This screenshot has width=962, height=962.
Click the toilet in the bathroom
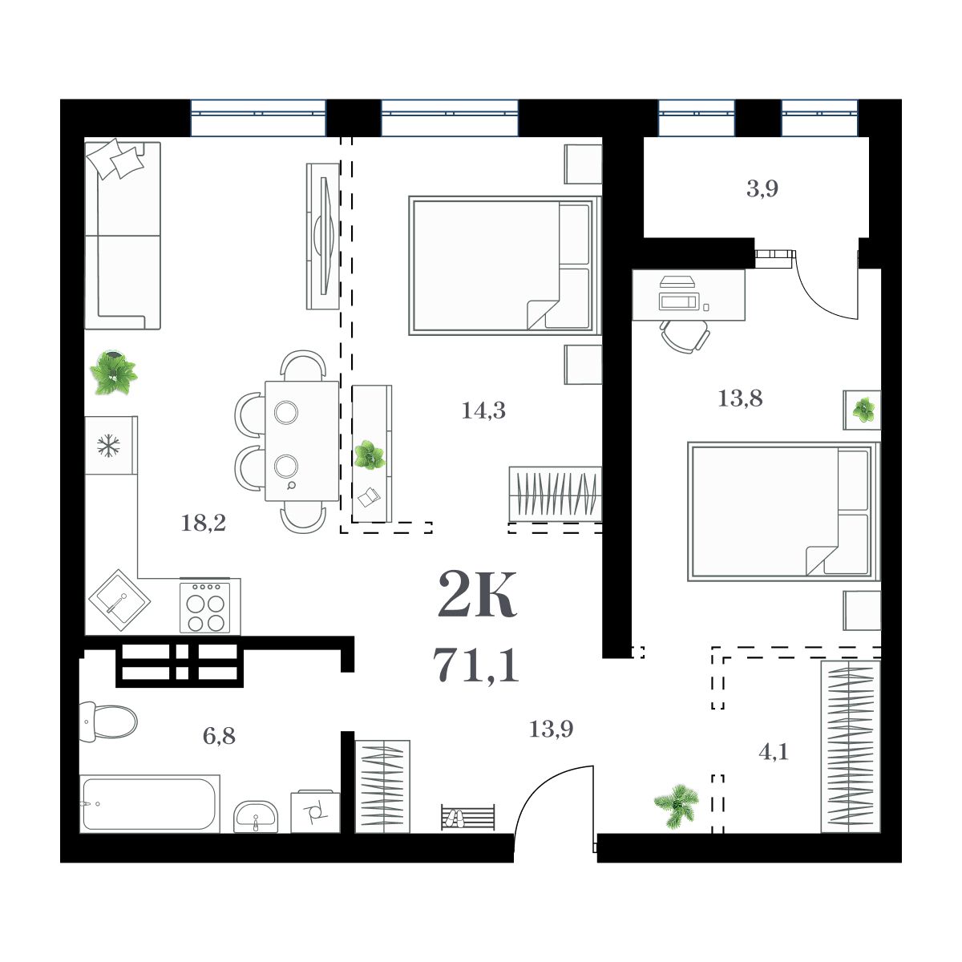pos(108,721)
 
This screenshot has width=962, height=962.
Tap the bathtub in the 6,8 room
pos(150,803)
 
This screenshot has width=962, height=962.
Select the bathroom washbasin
pos(256,817)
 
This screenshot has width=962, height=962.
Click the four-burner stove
pos(209,606)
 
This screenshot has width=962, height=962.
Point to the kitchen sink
pos(117,601)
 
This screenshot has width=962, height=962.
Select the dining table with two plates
pos(301,440)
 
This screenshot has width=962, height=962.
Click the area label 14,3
pos(483,411)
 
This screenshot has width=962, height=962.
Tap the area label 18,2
pos(203,523)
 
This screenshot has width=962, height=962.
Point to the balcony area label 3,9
pos(762,189)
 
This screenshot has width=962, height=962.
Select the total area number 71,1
pos(476,665)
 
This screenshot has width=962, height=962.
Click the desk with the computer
pos(689,295)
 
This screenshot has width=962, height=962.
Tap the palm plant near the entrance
pos(675,804)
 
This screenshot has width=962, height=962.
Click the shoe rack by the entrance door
pos(467,818)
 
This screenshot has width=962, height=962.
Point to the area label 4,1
pos(773,752)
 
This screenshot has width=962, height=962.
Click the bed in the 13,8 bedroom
pos(782,511)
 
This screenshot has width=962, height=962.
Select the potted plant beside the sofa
pos(113,373)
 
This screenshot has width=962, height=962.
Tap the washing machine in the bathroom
pos(315,811)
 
